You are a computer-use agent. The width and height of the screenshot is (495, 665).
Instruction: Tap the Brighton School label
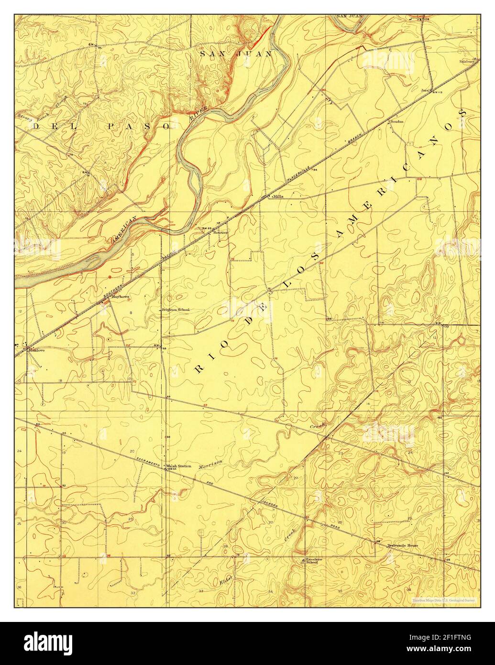[x=176, y=310]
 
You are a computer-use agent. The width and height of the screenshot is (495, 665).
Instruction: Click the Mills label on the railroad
[x=277, y=196]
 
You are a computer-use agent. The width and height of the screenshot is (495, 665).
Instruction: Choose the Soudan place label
[x=397, y=122]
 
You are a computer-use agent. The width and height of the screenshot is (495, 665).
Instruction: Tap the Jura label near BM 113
[x=424, y=90]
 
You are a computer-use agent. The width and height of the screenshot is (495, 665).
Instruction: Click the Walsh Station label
[x=178, y=465]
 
